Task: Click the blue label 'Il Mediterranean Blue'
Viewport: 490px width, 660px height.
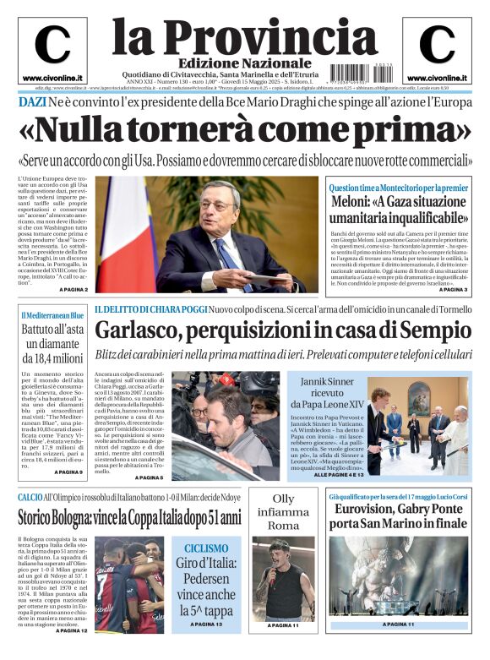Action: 52,315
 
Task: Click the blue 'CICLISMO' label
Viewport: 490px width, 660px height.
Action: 201,548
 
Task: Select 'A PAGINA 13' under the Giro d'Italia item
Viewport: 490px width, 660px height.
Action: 201,624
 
